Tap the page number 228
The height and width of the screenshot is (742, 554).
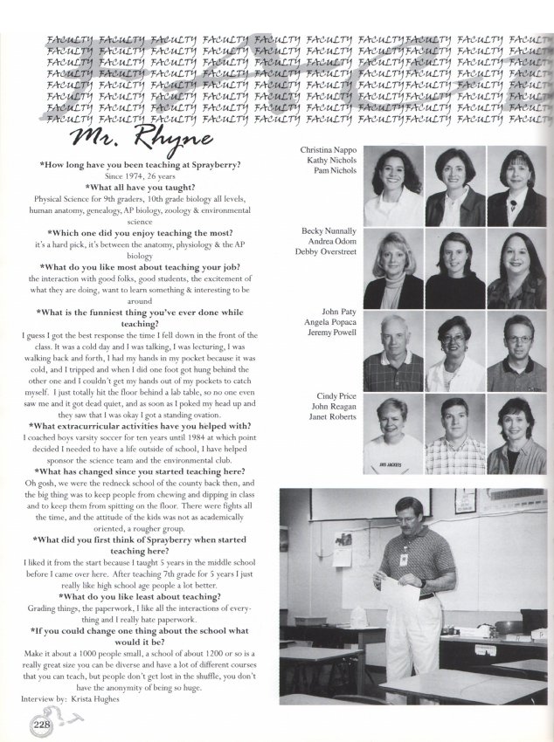(41, 724)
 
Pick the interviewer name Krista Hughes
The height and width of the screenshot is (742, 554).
(91, 700)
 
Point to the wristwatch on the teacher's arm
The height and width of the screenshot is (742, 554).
(422, 583)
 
